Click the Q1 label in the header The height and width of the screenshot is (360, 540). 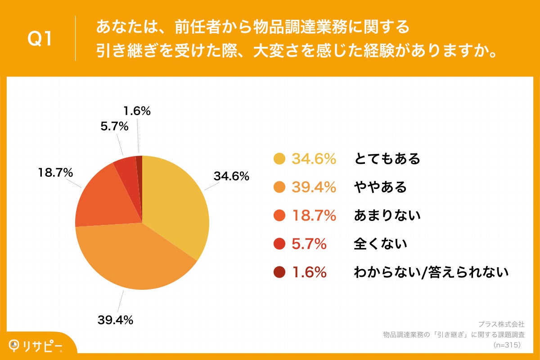coord(40,39)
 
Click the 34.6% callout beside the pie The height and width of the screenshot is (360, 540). coord(231,176)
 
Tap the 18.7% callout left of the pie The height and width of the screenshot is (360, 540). coord(56,172)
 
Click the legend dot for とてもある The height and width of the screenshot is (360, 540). coord(279,159)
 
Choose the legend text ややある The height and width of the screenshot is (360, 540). coord(380,187)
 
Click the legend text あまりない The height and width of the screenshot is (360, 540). coord(387,216)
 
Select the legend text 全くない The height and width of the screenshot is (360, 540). coord(380,244)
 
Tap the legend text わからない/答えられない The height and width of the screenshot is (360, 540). coord(431,272)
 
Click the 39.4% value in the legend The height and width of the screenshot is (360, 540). coord(314,187)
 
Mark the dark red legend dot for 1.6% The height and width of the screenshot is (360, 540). coord(279,272)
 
